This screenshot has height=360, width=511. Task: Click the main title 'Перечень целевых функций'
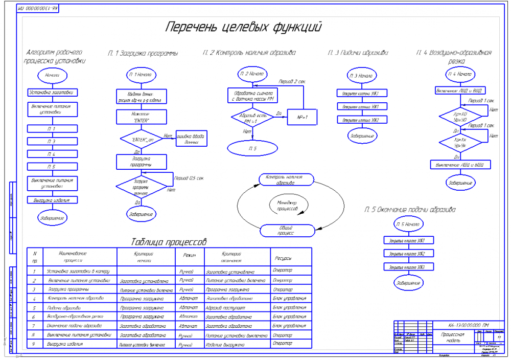coord(243,27)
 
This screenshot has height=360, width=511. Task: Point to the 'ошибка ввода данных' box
coord(191,139)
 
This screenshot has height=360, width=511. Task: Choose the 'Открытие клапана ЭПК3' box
coord(361,93)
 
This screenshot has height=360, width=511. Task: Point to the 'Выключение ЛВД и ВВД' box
coord(460,165)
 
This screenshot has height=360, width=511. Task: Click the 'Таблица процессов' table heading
coord(169,241)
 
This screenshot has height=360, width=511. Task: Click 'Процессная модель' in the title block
coord(450,336)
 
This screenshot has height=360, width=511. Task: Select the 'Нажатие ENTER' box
coord(140,117)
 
